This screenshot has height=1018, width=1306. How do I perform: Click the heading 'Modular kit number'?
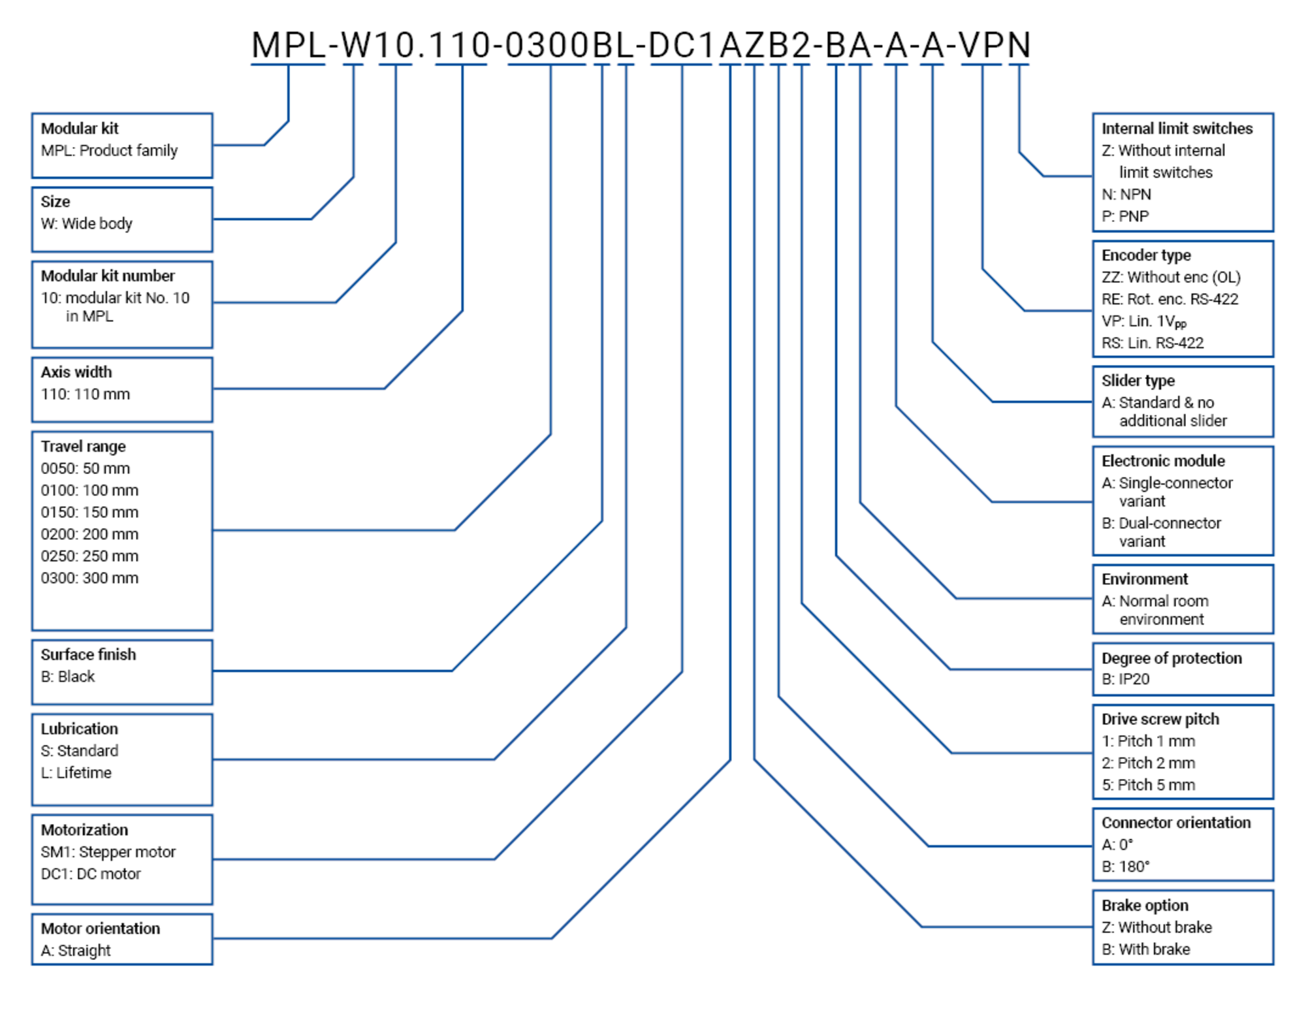108,276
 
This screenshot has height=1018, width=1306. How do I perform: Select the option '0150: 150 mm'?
89,512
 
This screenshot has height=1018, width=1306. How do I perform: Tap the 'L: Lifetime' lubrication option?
76,772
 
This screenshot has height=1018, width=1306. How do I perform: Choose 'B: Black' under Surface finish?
68,676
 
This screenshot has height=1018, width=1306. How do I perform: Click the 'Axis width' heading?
76,372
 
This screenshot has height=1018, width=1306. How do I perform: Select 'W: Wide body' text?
87,223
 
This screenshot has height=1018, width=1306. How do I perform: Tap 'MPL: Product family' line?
109,150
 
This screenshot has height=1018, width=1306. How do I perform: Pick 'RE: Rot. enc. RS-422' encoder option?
1170,299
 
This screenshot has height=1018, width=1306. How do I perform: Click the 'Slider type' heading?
1138,380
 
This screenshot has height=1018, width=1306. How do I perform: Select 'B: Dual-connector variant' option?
1161,532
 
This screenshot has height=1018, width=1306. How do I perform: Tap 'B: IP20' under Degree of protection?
1126,679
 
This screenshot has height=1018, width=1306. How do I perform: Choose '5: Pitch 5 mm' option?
1148,785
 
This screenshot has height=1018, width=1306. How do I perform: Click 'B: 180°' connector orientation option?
1126,867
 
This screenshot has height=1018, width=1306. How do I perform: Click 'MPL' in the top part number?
288,46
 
